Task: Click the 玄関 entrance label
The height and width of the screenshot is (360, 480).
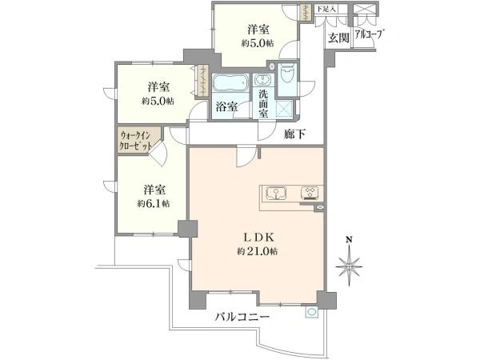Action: [x=336, y=37]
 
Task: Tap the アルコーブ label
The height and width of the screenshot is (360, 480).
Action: [x=369, y=35]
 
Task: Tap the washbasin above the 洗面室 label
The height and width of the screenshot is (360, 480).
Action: [x=262, y=81]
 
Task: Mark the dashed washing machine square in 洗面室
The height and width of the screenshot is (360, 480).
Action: [x=281, y=110]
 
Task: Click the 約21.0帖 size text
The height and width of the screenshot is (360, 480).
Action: [x=257, y=252]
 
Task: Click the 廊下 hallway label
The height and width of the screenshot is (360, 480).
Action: [x=296, y=135]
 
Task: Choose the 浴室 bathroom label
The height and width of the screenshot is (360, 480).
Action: [x=226, y=107]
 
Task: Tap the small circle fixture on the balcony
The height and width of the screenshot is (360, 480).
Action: [x=309, y=314]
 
